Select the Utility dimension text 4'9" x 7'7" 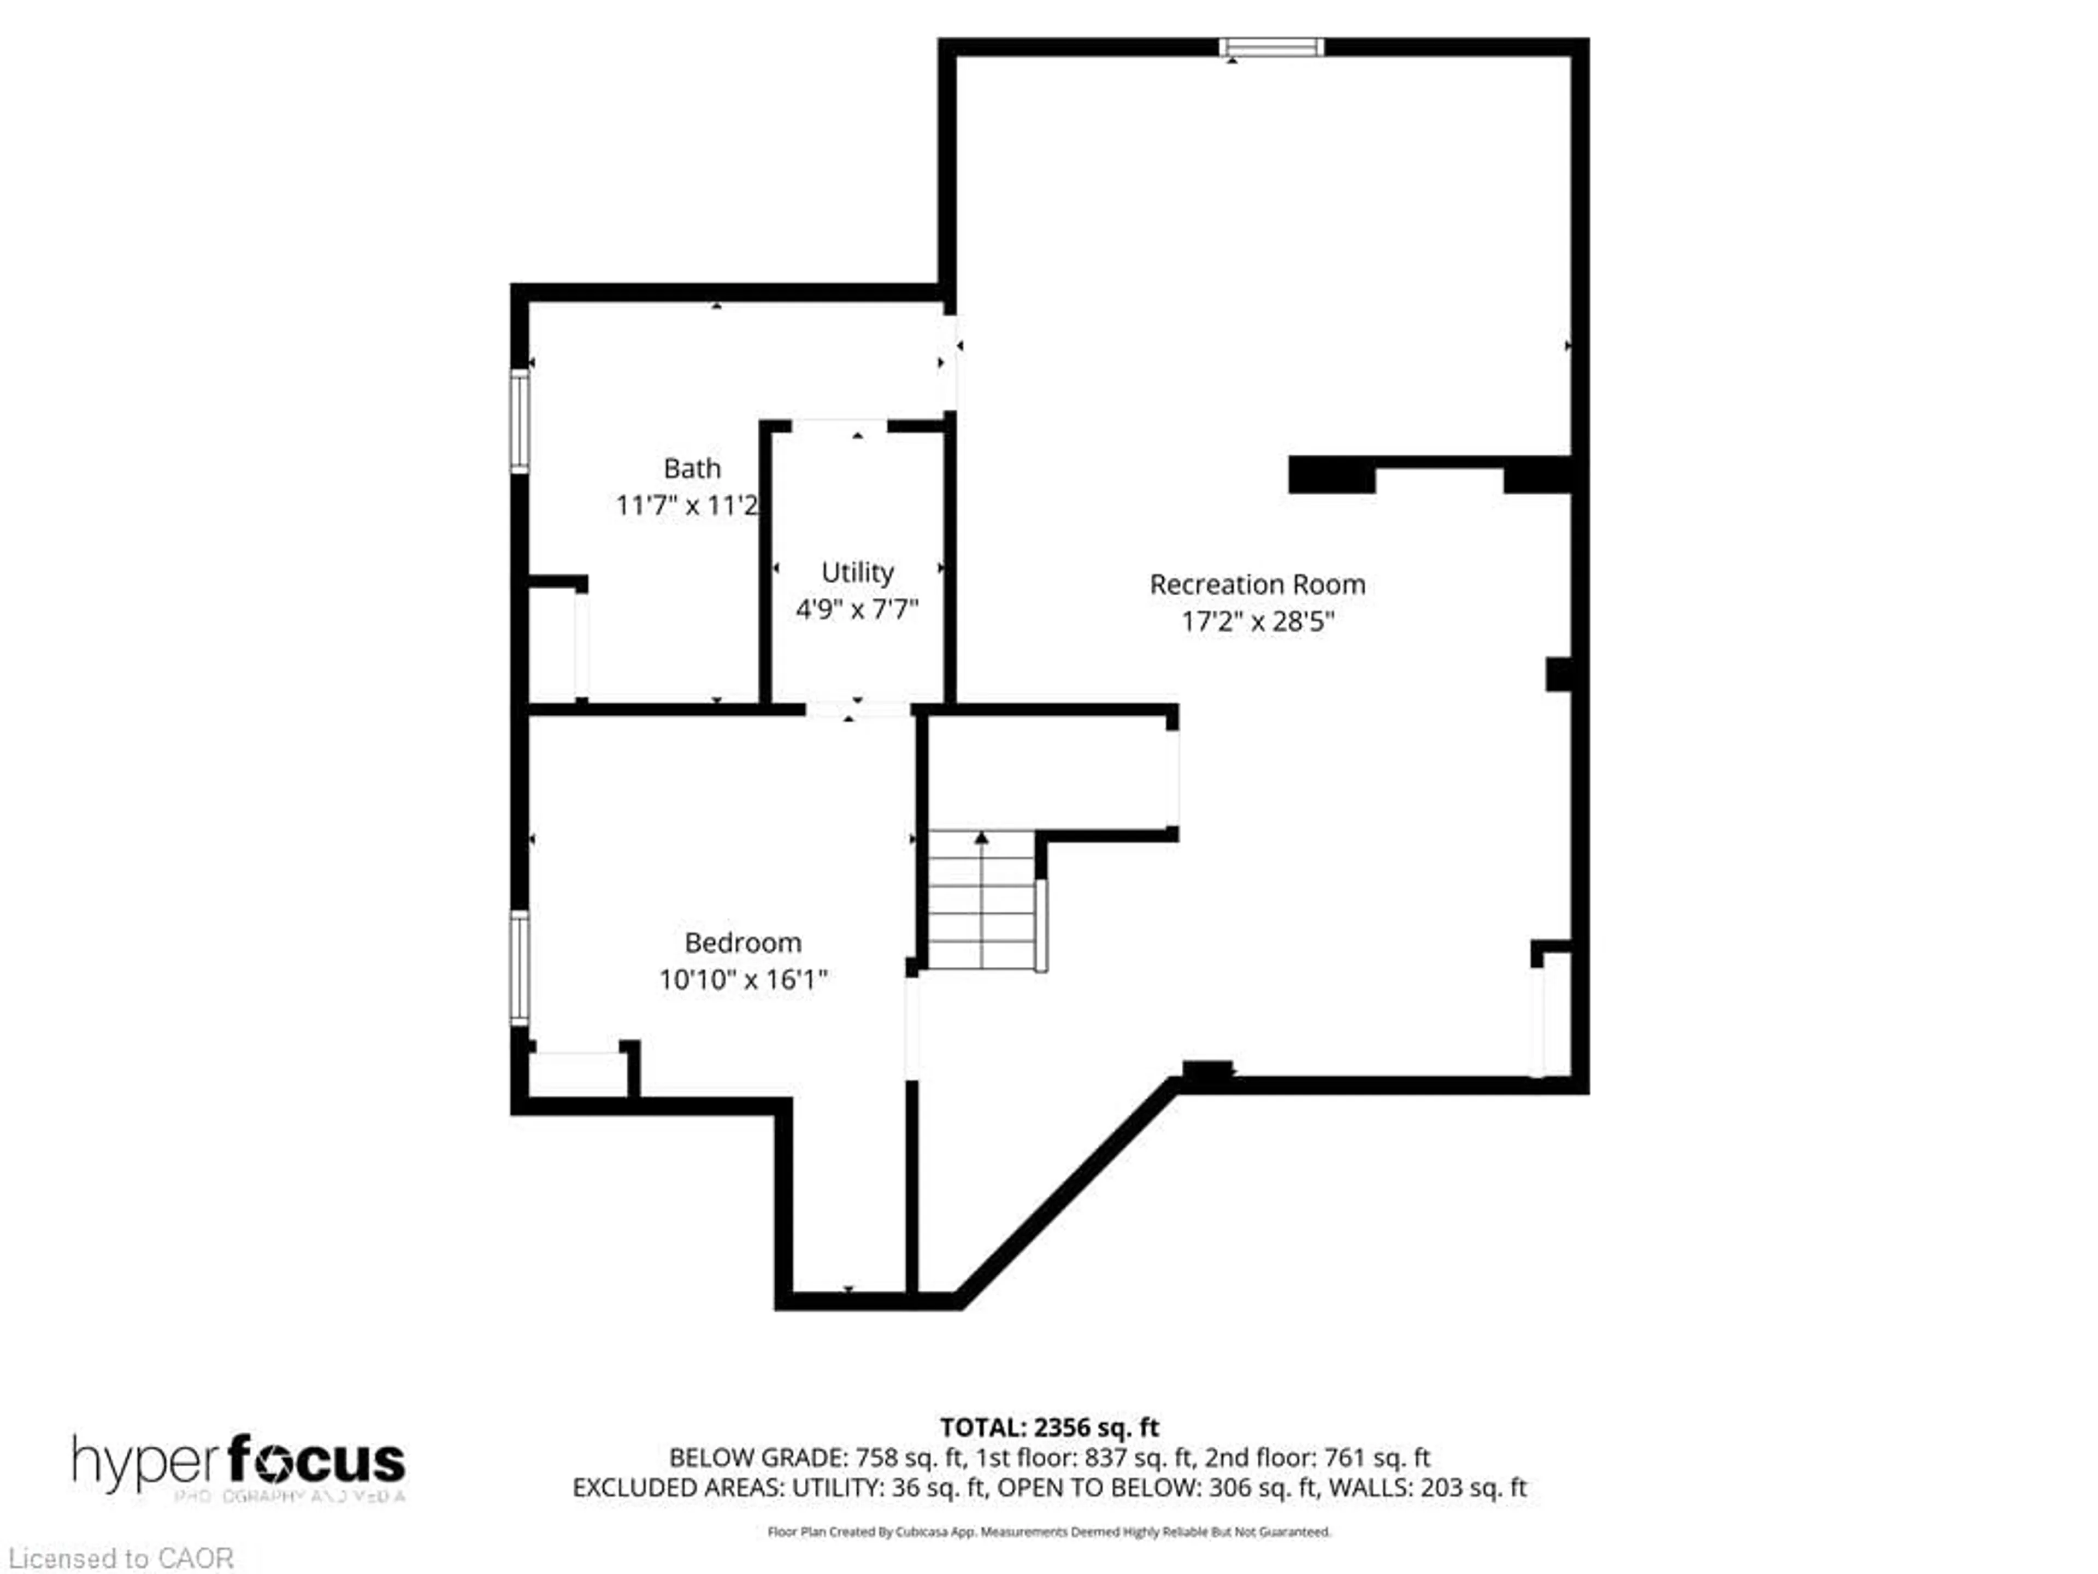pos(857,609)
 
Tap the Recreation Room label pos(1257,584)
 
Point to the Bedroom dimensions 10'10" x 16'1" pos(742,979)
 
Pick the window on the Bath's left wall pos(520,420)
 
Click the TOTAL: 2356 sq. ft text pos(1049,1427)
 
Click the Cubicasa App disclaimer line pos(1049,1531)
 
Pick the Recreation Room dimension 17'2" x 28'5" pos(1257,621)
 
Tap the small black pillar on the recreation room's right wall pos(1558,674)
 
